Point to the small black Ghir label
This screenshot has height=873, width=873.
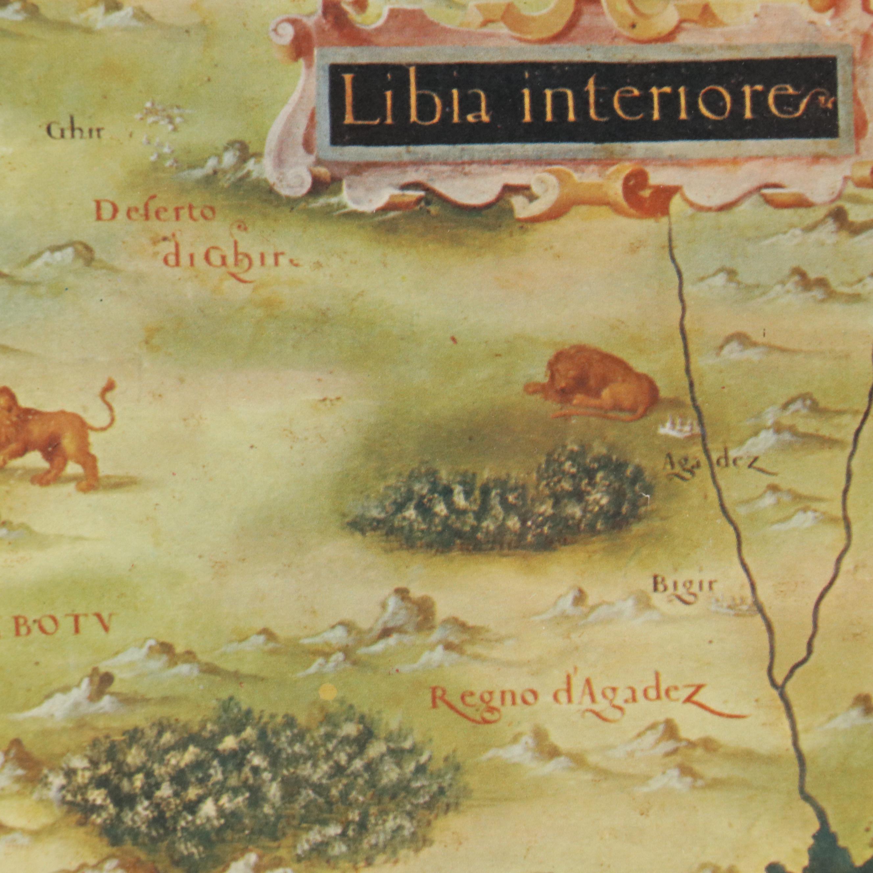[75, 132]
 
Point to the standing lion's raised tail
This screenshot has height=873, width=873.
[107, 402]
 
